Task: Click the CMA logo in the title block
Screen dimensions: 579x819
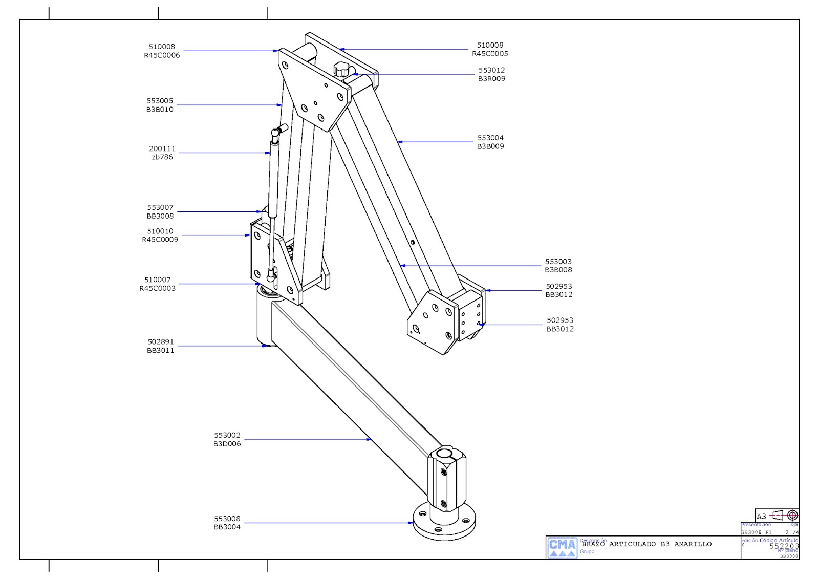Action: coord(562,547)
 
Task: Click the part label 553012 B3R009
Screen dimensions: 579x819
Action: coord(491,74)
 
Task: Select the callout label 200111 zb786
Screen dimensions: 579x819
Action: coord(162,153)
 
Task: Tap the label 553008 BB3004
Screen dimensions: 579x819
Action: coord(227,523)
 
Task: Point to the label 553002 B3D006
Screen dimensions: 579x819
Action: coord(227,439)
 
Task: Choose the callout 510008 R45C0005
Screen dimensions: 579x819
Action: coord(490,49)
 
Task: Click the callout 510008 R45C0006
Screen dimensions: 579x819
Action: coord(162,51)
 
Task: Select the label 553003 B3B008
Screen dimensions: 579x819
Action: coord(558,265)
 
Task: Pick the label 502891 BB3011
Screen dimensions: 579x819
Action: coord(161,346)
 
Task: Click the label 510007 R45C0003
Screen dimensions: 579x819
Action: coord(157,284)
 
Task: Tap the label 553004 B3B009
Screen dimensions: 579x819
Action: coord(490,142)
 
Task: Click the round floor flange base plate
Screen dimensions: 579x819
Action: coord(444,522)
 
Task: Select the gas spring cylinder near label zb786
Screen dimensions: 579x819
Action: coord(274,179)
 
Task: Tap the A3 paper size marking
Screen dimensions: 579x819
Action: coord(761,516)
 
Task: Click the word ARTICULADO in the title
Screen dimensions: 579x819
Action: coord(632,544)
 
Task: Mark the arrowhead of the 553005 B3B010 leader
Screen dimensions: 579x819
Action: coord(280,105)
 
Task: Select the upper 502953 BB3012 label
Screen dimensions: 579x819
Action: coord(558,290)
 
